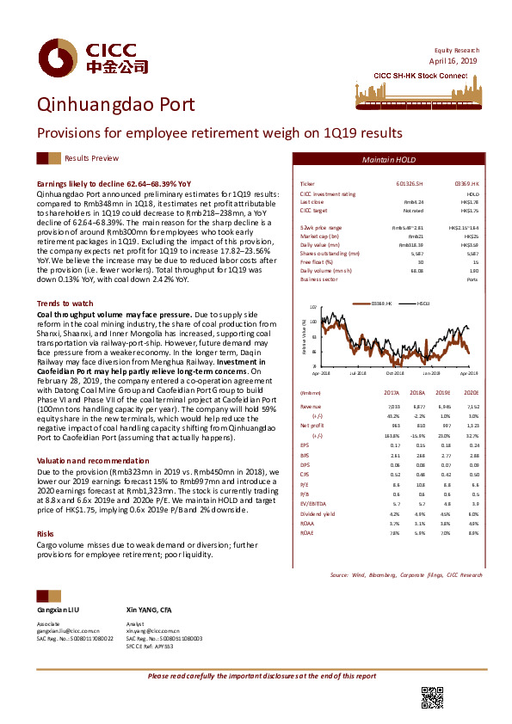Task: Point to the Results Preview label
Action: [91, 159]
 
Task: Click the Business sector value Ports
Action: [472, 279]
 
